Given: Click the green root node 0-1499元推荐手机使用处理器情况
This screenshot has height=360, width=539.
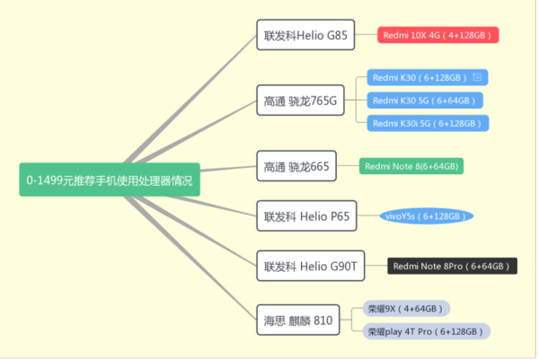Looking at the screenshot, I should [110, 180].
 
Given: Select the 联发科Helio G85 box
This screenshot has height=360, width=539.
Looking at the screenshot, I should [305, 37].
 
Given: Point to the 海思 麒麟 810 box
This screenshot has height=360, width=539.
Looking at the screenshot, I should [298, 320].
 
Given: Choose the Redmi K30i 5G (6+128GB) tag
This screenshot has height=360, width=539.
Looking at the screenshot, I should [428, 123].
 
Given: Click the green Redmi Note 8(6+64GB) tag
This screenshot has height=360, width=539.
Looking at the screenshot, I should [412, 166].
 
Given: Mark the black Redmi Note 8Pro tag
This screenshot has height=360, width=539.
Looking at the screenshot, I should [453, 266].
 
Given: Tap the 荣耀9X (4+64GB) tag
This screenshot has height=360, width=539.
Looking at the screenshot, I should [405, 309].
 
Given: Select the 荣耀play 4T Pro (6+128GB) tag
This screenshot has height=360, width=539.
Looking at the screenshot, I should [427, 331].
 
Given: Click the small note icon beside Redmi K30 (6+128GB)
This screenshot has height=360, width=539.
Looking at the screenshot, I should [477, 77].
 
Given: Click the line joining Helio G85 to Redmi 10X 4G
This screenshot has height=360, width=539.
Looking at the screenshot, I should [366, 36].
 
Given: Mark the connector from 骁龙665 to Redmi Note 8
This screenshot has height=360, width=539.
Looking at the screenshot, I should [351, 166].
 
